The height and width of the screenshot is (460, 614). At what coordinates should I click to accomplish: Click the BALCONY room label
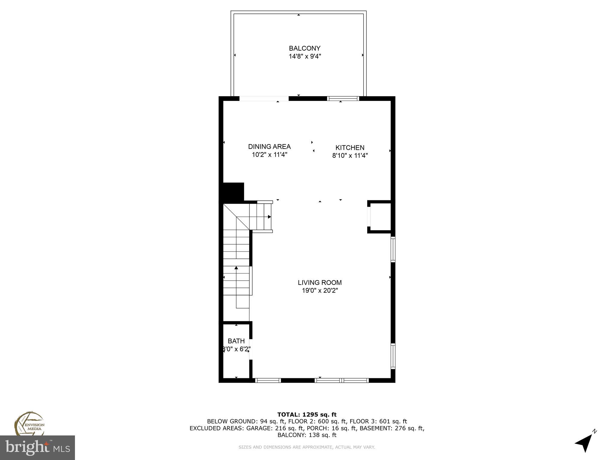pos(304,48)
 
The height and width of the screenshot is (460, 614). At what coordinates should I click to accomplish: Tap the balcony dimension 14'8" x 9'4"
pos(305,56)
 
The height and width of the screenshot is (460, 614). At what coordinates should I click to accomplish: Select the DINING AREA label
pos(269,147)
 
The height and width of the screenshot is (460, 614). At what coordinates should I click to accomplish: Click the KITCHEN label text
pos(350,148)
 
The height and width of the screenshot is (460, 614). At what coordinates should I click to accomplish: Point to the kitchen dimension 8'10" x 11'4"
pos(350,156)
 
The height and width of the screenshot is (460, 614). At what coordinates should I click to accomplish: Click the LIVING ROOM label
pos(320,282)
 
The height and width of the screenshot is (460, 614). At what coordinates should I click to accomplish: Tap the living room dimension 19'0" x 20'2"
pos(320,290)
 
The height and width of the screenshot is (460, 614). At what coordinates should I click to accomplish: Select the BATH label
pos(236,341)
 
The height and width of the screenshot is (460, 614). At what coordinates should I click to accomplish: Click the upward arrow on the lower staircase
pos(236,268)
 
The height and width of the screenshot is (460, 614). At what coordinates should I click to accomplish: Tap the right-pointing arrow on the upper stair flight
pos(269,217)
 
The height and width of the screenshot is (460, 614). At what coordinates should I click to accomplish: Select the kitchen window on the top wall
pos(343,99)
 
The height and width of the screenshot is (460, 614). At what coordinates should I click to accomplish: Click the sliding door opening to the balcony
pos(264,99)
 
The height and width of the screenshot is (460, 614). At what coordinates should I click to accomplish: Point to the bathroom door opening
pos(251,349)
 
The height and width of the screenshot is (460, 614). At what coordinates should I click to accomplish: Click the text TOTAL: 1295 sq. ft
pos(307,414)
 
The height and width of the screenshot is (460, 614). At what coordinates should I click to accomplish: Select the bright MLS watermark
pos(37,447)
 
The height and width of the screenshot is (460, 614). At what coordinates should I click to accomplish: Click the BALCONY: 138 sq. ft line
pos(307,435)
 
